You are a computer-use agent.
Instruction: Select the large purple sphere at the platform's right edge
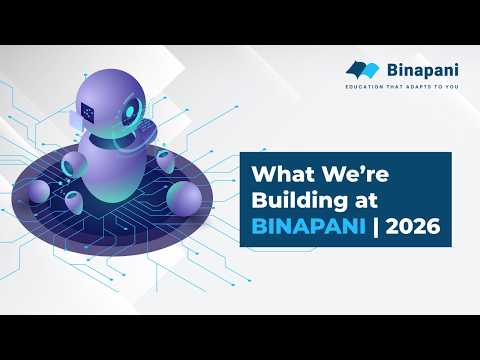click(x=186, y=196)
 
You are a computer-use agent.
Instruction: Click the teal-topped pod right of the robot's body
click(x=162, y=162)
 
